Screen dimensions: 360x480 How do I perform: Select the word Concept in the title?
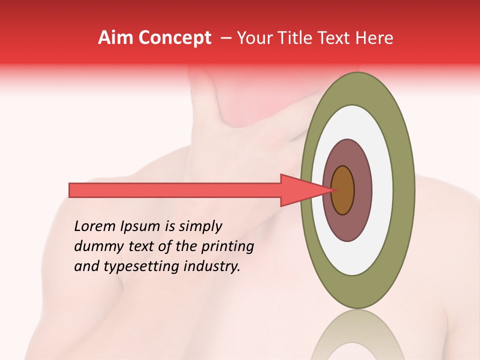(175, 38)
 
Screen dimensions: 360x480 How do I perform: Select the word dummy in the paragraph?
(96, 246)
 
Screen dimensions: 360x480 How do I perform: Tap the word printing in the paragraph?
(227, 247)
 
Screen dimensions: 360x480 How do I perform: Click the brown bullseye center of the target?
(343, 190)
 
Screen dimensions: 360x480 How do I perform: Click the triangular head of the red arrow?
(300, 190)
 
